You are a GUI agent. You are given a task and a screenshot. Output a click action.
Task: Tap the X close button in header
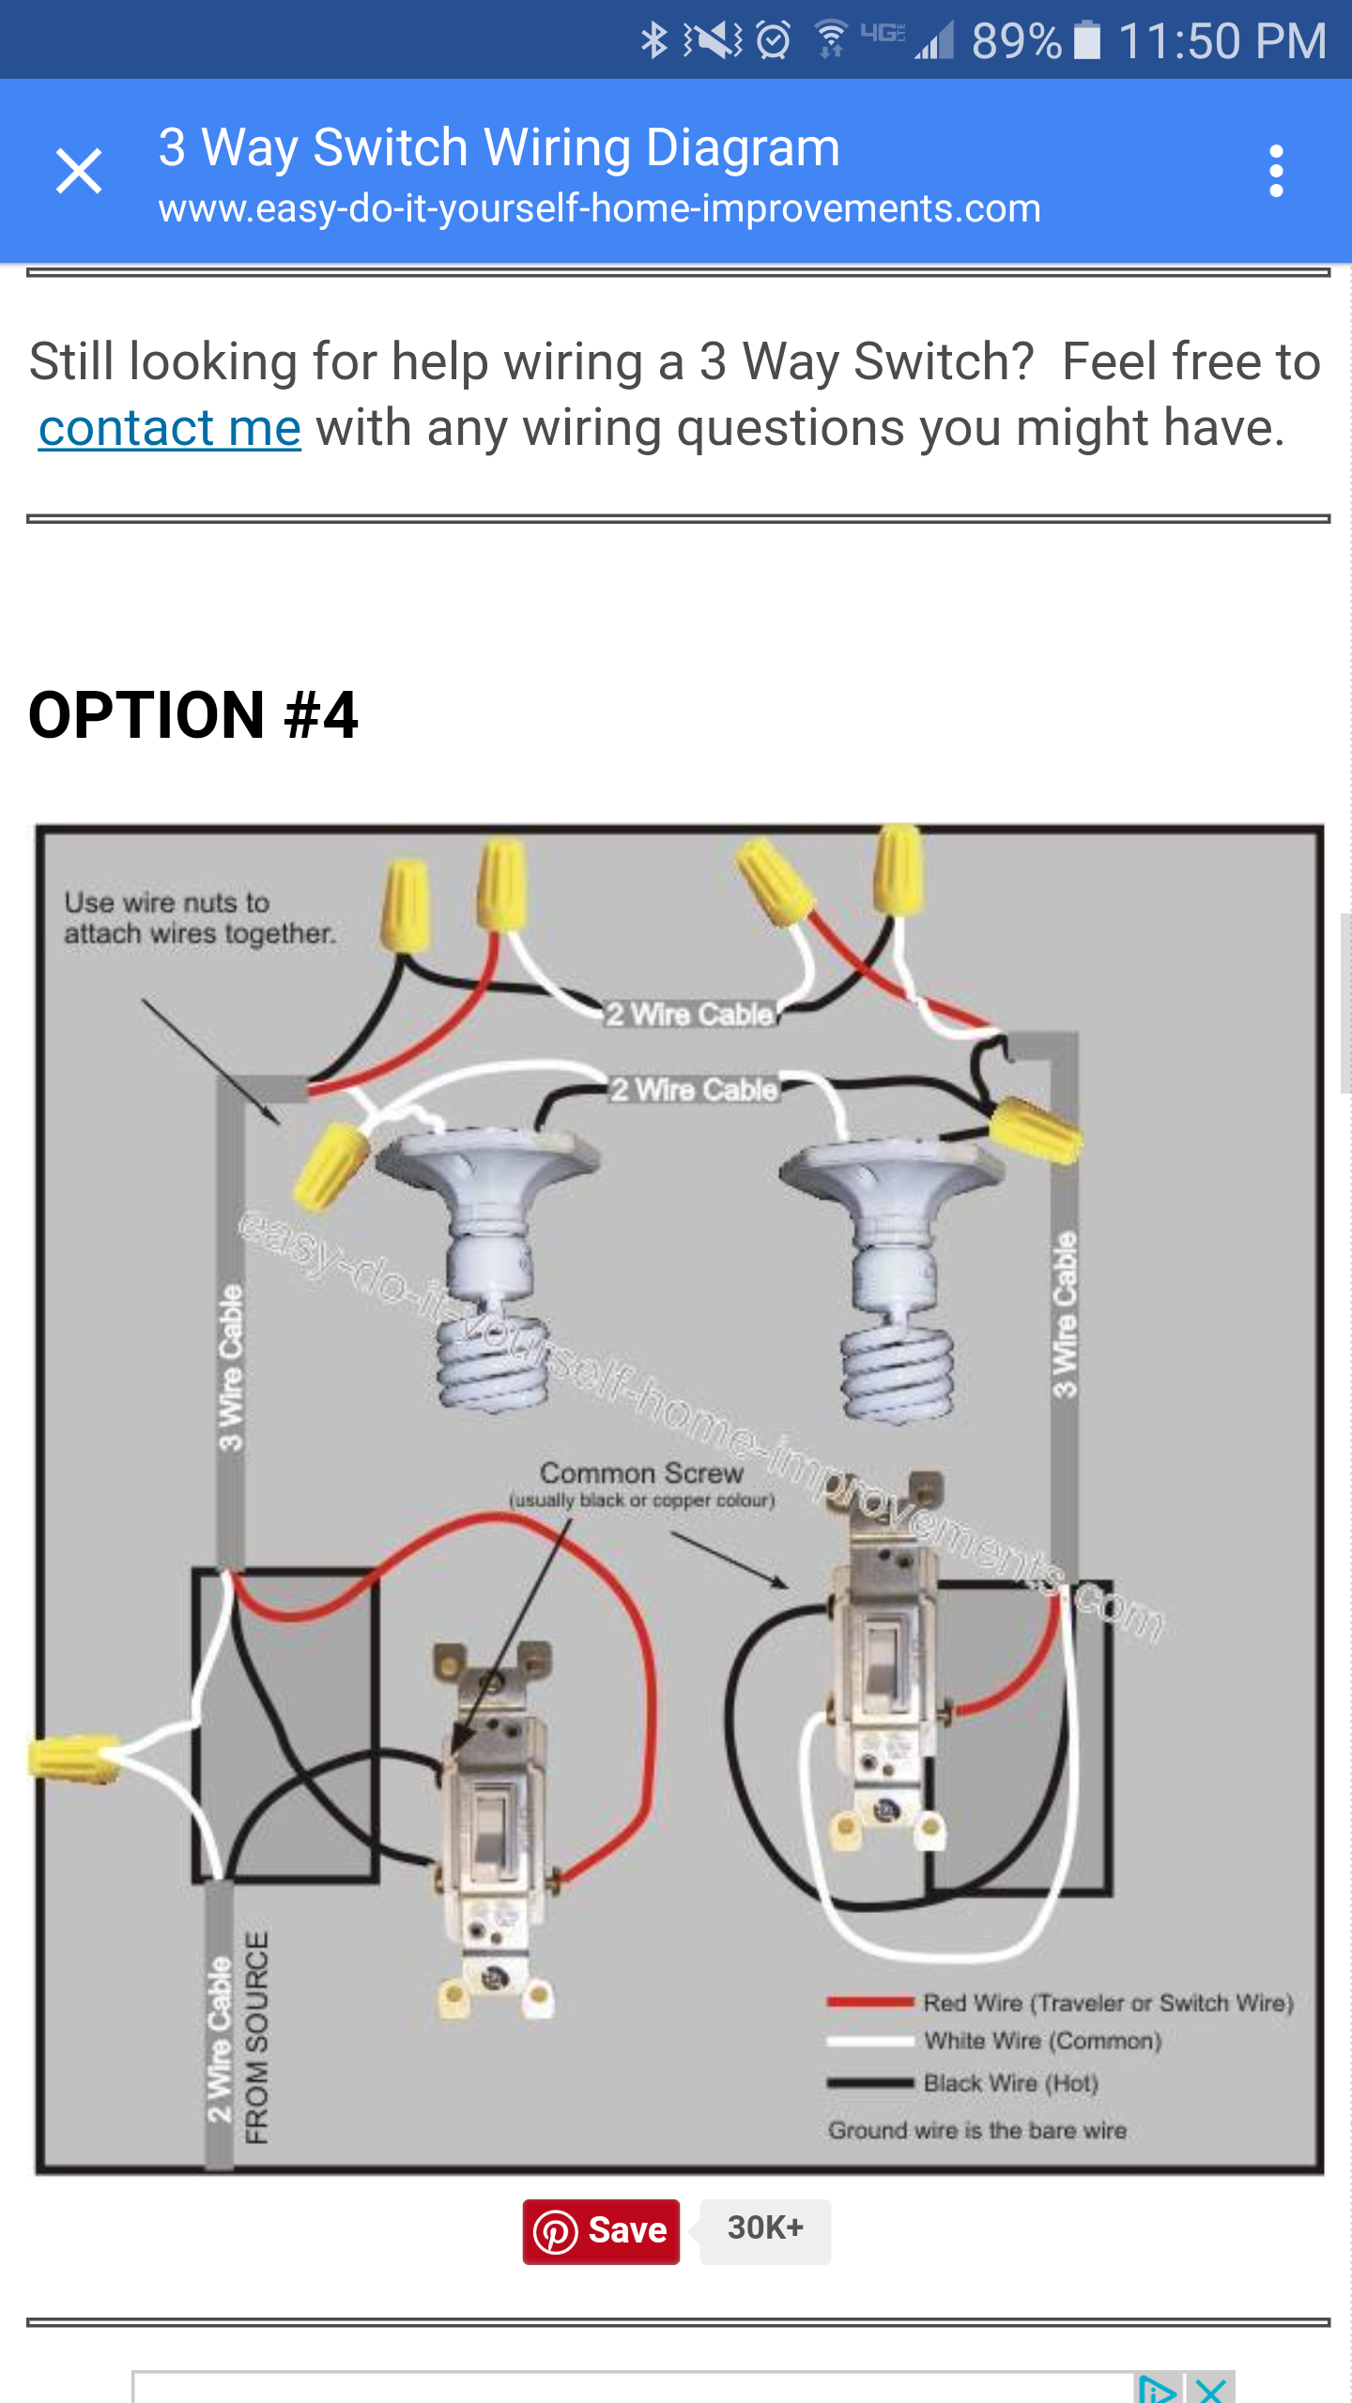79,171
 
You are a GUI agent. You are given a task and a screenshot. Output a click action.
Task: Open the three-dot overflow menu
1275,171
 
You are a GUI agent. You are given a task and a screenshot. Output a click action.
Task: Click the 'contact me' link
170,429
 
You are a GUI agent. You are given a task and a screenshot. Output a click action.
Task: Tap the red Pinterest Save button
601,2230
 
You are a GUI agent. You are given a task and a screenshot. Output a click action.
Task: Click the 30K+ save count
765,2228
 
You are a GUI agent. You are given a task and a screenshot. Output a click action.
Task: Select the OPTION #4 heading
193,715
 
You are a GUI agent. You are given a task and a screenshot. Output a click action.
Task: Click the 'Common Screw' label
641,1473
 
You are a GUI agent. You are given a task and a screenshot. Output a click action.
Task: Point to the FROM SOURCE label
256,2037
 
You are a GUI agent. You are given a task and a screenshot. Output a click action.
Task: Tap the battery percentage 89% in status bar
1016,41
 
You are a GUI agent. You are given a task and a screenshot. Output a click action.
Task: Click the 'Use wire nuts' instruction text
199,918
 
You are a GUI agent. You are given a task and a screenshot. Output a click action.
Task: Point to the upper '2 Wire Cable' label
690,1015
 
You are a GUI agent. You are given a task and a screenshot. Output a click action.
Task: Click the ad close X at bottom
1211,2389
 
